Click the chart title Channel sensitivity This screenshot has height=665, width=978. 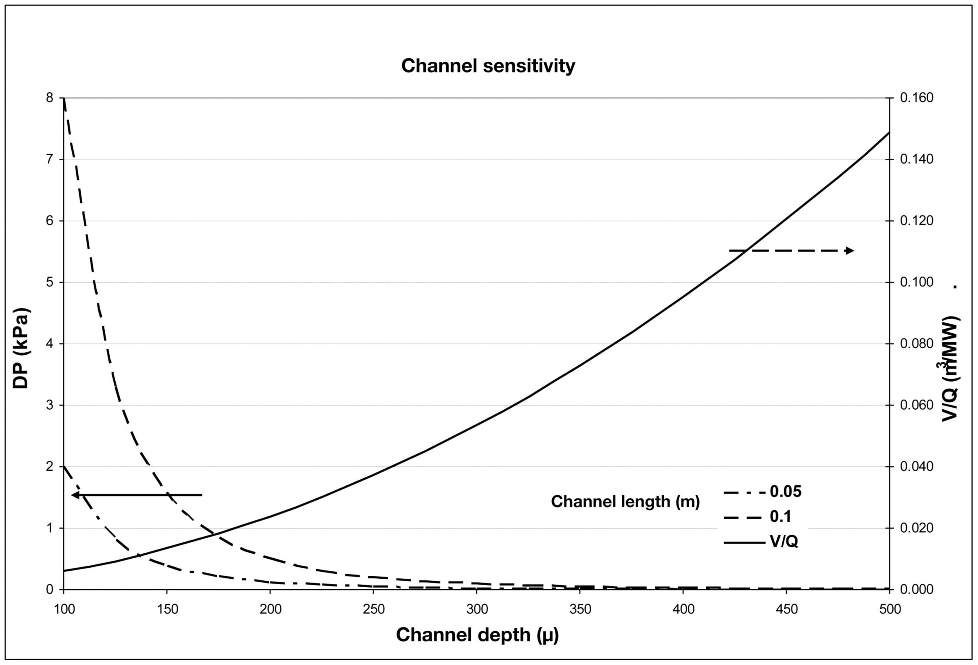488,66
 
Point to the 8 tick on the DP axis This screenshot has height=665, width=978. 50,98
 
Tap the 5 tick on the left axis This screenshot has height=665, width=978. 50,282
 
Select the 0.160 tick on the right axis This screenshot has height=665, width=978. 916,98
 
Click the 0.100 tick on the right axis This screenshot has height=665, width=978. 916,282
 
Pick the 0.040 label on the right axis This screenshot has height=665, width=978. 916,466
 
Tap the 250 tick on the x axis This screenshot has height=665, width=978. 373,610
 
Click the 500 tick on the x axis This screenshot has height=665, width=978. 889,610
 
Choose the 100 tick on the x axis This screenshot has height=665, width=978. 64,610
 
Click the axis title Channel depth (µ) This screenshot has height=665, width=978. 477,635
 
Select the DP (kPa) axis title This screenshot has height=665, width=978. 20,349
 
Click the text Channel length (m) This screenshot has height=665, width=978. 625,502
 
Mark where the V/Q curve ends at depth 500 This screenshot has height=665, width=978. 889,132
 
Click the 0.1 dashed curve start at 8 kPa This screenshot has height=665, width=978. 64,99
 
